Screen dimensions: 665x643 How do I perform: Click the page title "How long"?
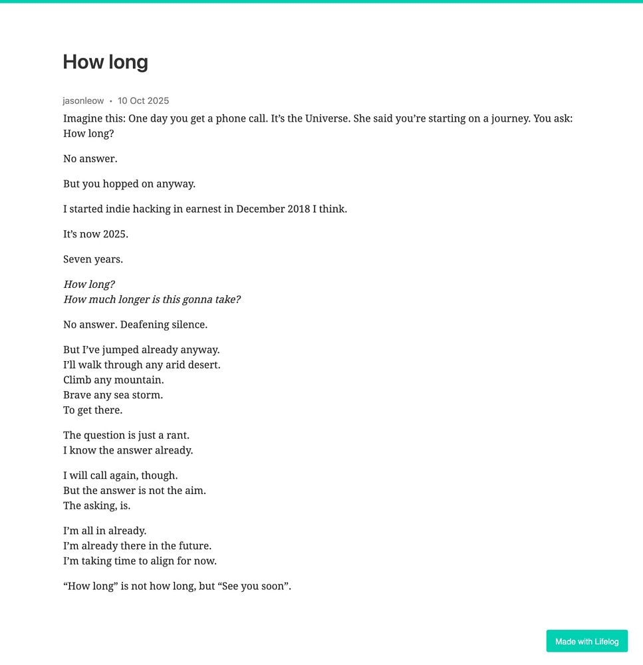coord(105,62)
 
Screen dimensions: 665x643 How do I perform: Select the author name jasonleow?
coord(83,101)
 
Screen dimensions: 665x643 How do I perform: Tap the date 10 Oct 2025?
coord(143,101)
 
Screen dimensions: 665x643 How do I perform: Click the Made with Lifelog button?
coord(586,641)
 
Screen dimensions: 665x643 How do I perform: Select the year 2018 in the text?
coord(299,209)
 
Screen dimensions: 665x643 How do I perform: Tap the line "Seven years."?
coord(93,259)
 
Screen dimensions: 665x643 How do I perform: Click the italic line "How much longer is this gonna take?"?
coord(152,299)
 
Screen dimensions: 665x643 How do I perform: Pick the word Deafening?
coord(144,325)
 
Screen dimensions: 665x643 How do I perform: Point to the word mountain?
coord(138,380)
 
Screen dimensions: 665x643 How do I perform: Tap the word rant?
coord(177,435)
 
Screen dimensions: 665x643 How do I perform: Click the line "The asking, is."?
coord(96,505)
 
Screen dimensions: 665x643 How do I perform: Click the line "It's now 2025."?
coord(96,234)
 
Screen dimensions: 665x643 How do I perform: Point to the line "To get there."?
coord(92,410)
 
